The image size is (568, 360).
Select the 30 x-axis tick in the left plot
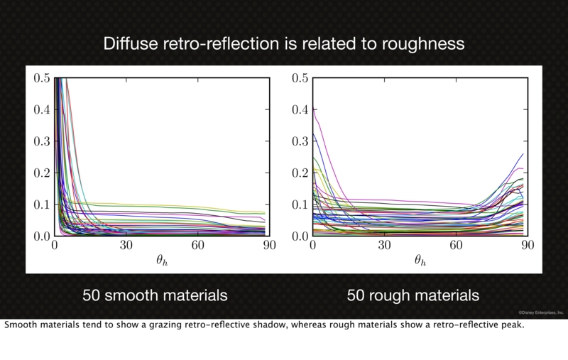point(126,246)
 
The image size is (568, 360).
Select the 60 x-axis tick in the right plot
point(455,246)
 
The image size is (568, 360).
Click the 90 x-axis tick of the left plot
point(268,246)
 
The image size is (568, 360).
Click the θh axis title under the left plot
point(161,260)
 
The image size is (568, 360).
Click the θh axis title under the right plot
point(420,260)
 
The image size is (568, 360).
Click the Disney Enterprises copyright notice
point(540,311)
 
